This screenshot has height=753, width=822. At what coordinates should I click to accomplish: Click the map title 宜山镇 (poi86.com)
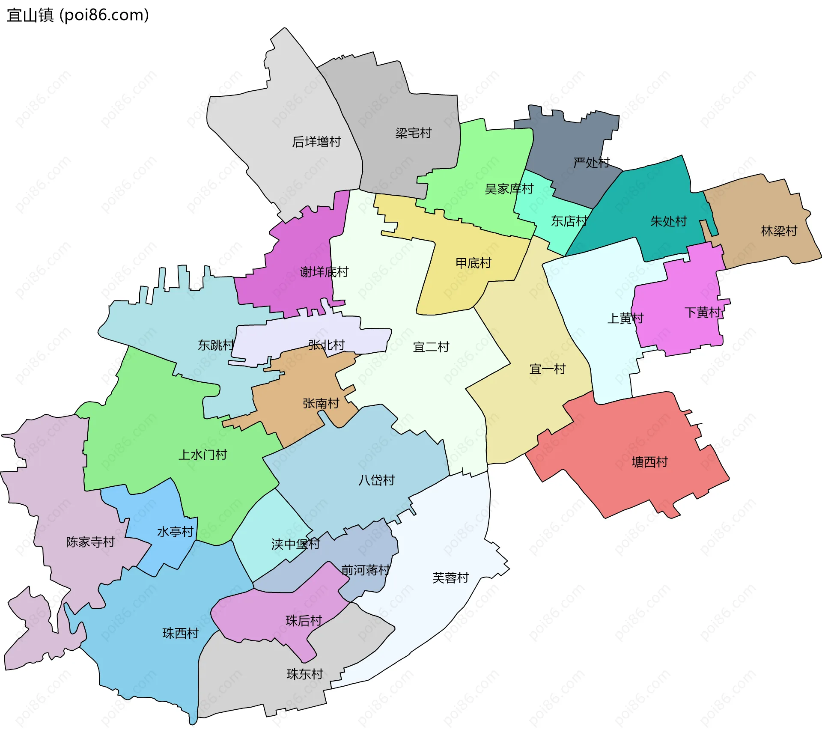point(78,15)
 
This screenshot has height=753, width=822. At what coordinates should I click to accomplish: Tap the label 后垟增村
point(316,142)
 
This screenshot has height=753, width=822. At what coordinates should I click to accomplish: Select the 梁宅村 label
point(414,133)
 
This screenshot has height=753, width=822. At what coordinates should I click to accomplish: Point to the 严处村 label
point(592,163)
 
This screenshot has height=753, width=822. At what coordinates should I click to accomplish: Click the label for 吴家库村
point(509,189)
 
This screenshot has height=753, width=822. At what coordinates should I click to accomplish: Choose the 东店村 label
point(569,221)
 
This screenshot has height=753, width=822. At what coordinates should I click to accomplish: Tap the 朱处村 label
point(669,221)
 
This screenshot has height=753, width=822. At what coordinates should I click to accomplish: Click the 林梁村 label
point(779,231)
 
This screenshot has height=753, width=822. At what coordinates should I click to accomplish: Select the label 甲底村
point(474,263)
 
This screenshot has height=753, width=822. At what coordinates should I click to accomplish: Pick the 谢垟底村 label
point(324,272)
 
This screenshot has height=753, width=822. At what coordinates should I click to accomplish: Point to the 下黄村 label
point(703,312)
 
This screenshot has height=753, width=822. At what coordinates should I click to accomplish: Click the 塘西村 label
point(650,462)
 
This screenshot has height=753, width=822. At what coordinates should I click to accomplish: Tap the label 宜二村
point(431,347)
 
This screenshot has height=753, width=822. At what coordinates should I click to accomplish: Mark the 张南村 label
point(321,403)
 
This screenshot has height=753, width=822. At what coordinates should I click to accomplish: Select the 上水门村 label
point(203,455)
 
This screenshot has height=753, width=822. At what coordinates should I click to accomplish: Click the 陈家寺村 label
point(90,542)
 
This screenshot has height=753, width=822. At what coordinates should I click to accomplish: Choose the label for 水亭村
point(176,532)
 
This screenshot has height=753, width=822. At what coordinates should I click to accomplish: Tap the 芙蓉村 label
point(451,578)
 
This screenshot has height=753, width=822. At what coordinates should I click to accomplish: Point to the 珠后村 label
point(304,621)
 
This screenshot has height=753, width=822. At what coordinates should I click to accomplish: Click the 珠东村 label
point(305,674)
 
